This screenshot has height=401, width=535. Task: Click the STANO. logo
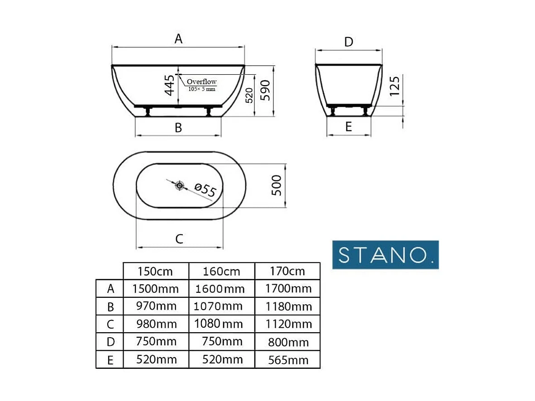click(386, 255)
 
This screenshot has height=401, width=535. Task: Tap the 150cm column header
click(155, 272)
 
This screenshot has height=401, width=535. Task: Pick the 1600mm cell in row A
click(221, 289)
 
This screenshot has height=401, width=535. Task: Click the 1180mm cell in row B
click(288, 306)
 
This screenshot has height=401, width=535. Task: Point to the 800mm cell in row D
click(288, 342)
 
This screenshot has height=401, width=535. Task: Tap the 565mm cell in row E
click(288, 360)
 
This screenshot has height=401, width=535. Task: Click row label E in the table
click(110, 360)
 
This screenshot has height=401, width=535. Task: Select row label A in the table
click(110, 289)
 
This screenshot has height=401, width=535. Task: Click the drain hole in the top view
click(180, 185)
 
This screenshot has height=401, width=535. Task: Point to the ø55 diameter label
click(205, 190)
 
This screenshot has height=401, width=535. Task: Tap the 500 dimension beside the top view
click(276, 185)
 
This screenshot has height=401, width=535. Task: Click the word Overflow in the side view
click(202, 82)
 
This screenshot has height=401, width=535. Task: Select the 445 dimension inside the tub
click(169, 85)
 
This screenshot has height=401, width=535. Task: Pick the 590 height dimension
click(266, 91)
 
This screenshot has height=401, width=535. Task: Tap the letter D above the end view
click(349, 42)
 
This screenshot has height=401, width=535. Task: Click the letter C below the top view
click(179, 239)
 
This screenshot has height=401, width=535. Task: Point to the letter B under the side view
click(178, 128)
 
